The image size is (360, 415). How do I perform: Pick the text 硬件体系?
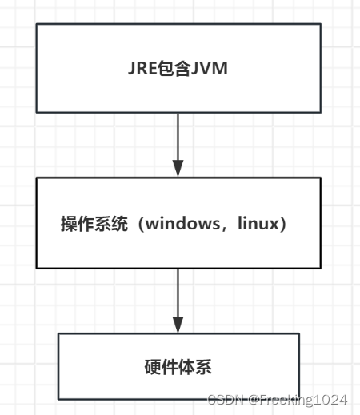coord(178,367)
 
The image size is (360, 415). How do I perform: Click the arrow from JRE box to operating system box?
coord(178,140)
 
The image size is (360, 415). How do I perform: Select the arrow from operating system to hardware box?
coord(178,296)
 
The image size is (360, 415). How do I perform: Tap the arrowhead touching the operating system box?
coord(178,169)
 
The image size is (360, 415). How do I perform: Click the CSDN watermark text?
coord(223,399)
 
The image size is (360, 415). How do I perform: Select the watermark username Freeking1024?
coord(304,399)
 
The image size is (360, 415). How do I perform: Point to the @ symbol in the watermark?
coord(252,399)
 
